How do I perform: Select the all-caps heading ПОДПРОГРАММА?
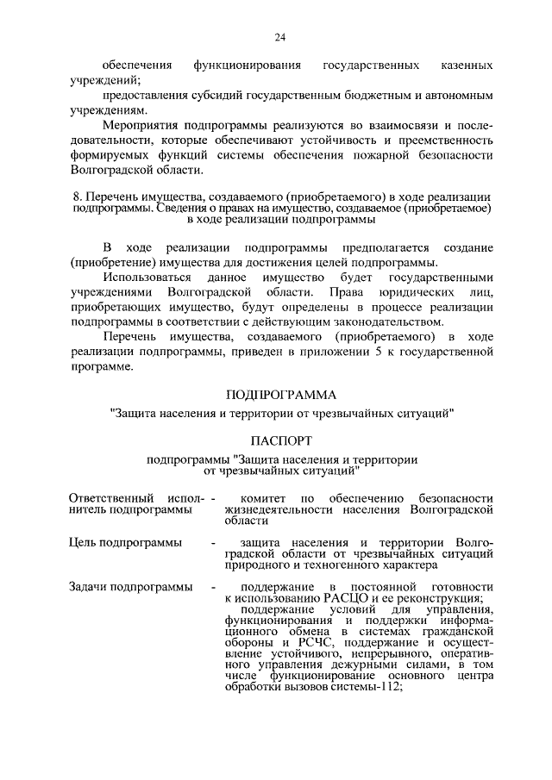coord(280,396)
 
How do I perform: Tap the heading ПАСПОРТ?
coord(280,440)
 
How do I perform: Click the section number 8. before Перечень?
coord(78,197)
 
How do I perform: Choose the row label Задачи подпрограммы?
coord(130,587)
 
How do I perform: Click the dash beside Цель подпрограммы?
coord(213,542)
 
